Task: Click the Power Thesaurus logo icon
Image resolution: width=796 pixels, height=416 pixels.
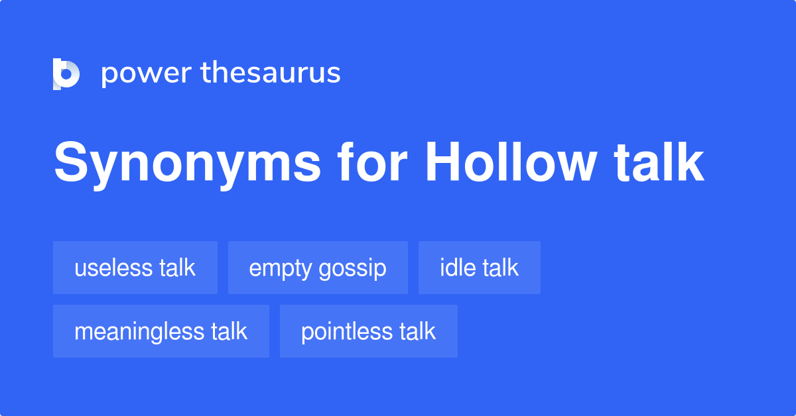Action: (66, 74)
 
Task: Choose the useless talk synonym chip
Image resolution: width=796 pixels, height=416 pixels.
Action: (135, 268)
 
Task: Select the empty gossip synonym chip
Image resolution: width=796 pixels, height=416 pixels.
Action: (318, 268)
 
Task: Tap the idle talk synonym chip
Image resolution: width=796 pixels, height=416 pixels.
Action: (479, 268)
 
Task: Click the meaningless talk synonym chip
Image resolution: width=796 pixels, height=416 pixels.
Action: (161, 331)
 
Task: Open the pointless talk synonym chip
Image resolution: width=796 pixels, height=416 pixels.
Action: (369, 331)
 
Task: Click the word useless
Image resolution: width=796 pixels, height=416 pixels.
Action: (113, 268)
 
